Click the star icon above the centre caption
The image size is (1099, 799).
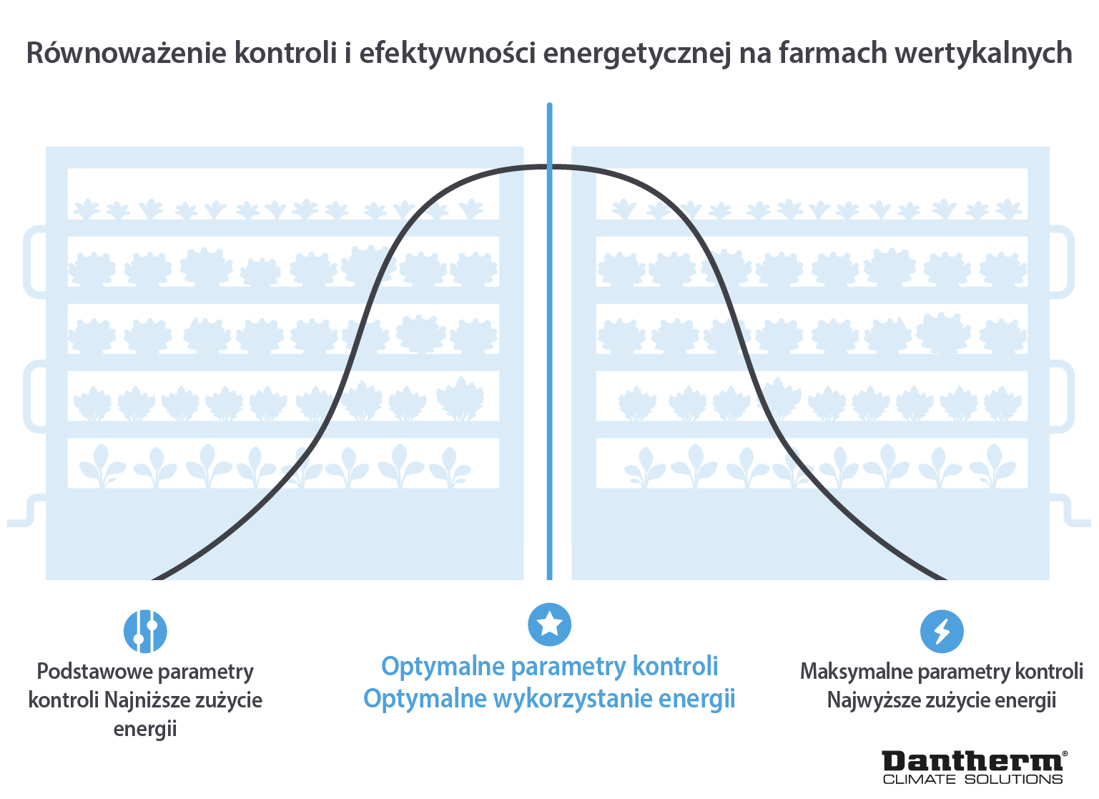549,624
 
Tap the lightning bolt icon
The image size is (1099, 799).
941,631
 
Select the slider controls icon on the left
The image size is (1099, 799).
145,631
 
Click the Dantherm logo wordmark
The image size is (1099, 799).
972,761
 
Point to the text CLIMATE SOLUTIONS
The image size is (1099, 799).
972,779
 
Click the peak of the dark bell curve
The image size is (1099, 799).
549,167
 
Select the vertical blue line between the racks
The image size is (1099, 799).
549,358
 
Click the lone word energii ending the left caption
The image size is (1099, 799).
145,729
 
